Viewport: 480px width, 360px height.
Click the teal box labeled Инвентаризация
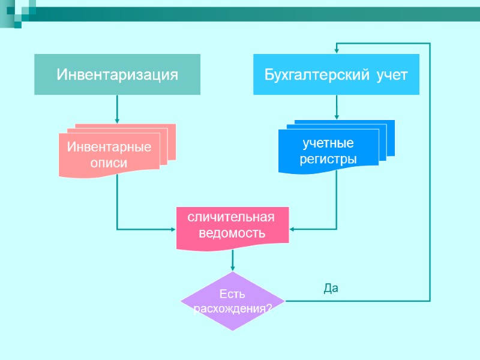[117, 74]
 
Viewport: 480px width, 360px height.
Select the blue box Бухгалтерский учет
[336, 74]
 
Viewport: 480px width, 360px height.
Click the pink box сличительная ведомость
[232, 226]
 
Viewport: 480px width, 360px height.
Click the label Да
[331, 289]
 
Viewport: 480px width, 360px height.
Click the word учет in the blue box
[392, 75]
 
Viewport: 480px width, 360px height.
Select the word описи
[109, 163]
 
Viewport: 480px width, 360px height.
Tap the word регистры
[328, 159]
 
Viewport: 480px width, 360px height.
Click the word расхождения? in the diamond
[233, 309]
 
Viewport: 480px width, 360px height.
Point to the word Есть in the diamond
[232, 295]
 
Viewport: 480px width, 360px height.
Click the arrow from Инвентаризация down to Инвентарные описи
[117, 109]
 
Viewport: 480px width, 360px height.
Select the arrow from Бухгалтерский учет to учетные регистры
[337, 107]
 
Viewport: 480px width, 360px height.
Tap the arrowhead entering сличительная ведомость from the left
[172, 229]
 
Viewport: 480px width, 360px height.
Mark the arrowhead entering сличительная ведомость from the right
[292, 229]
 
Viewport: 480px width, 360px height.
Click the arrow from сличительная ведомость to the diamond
[233, 259]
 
